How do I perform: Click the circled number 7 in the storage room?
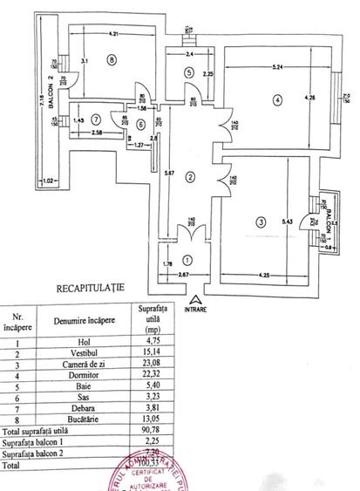click(x=97, y=119)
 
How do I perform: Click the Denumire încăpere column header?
click(x=90, y=320)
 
